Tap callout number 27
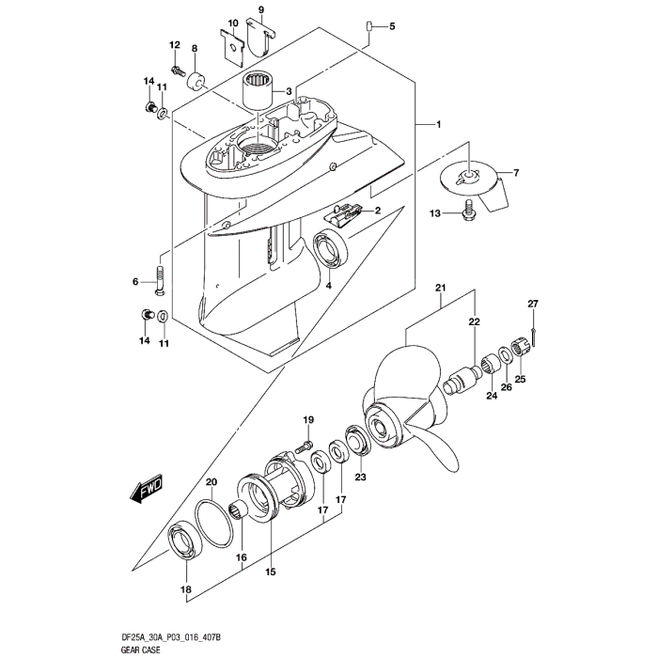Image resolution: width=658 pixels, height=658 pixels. coord(532,304)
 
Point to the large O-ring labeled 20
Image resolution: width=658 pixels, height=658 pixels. coord(214,526)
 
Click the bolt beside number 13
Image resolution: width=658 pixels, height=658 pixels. coord(468,215)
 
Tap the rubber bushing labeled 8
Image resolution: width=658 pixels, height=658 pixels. coord(196,78)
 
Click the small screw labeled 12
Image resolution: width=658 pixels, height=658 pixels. coord(177,69)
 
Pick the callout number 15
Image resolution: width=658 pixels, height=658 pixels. coord(270,572)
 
